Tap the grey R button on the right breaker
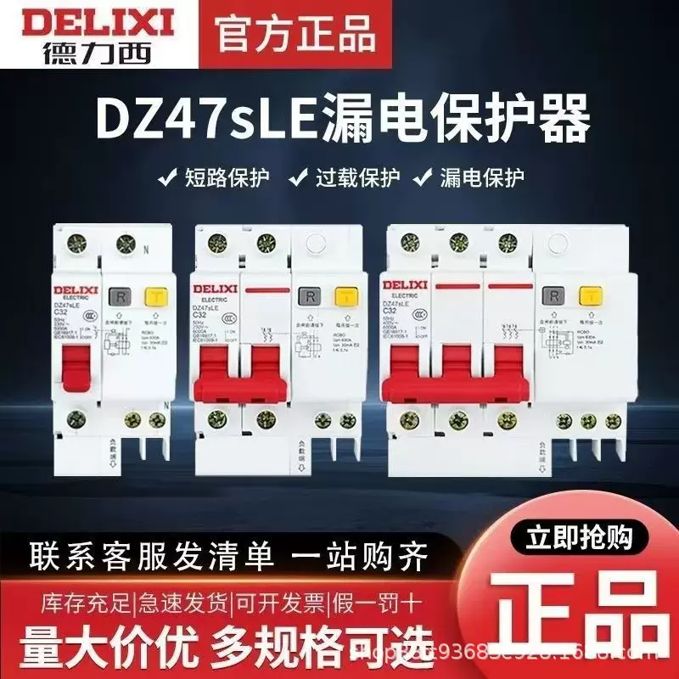(556, 296)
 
